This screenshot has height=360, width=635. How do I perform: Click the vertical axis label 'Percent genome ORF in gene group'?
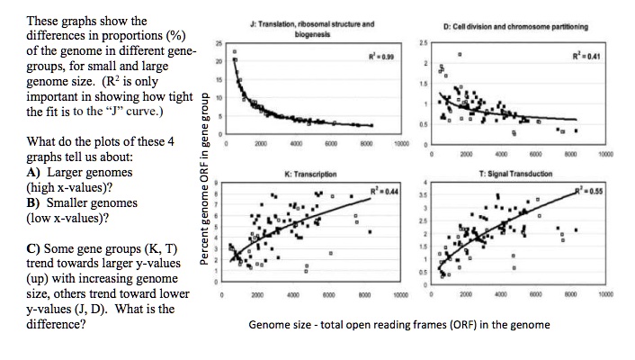pos(205,178)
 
